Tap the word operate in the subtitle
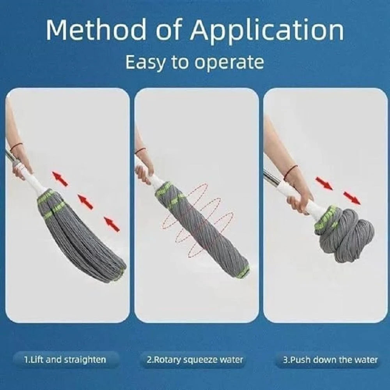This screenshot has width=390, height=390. [229, 63]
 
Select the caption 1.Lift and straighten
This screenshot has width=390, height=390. [65, 360]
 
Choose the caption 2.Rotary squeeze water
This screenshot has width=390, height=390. [195, 360]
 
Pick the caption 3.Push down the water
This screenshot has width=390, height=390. [330, 360]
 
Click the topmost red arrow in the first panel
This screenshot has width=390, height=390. [60, 179]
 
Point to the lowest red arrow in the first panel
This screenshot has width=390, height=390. [112, 224]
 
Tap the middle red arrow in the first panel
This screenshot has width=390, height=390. [85, 202]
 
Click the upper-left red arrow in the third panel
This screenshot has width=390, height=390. [324, 183]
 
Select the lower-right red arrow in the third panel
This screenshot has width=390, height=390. [352, 198]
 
